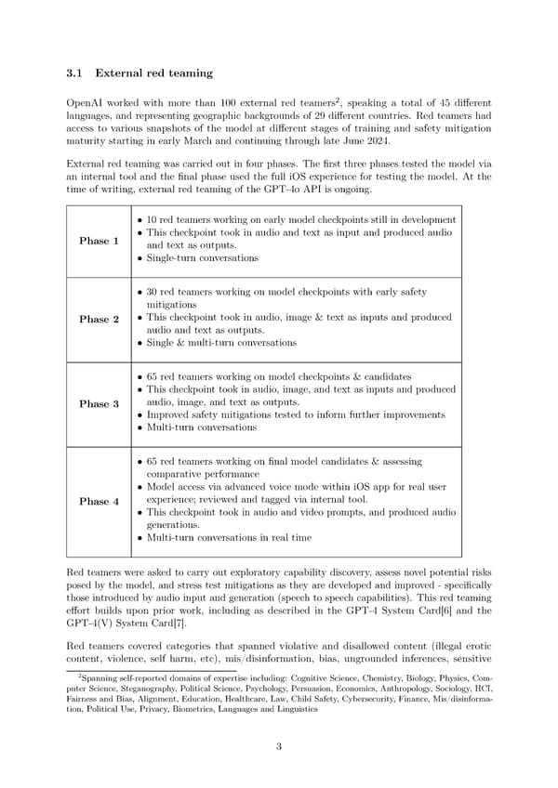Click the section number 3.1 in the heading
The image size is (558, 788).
pos(79,73)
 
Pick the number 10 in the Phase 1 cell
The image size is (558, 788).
pos(153,218)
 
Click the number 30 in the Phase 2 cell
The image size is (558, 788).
pos(153,292)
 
